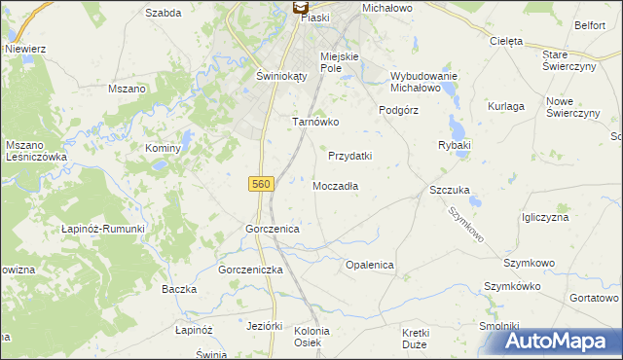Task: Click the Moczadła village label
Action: coord(337,186)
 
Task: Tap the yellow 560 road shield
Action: coord(261,183)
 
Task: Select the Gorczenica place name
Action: coord(272,229)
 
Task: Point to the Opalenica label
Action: coord(370,265)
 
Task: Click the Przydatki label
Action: coord(350,156)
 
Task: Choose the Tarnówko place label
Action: coord(315,123)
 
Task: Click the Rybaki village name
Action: coord(455,145)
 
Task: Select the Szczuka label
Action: coord(450,191)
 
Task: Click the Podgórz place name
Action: coord(398,110)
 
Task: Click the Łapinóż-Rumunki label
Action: coord(103,229)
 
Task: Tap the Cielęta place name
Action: coord(506,42)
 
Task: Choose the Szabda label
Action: coord(164,13)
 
